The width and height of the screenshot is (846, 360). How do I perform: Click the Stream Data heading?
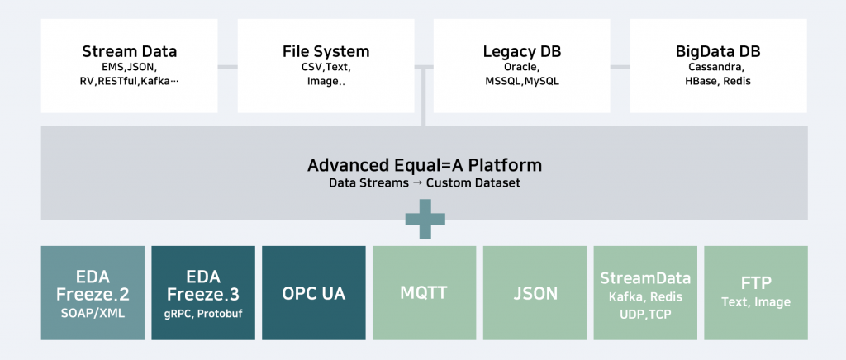[x=130, y=52]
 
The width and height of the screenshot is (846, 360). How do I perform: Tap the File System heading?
[x=326, y=52]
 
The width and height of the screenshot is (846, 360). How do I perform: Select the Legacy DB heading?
[x=522, y=52]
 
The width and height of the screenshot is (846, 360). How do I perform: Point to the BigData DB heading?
[x=718, y=52]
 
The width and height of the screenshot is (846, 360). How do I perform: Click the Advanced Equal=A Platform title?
[x=425, y=165]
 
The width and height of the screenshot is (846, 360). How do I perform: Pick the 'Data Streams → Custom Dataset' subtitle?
[x=425, y=182]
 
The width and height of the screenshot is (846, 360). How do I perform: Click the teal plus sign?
[x=425, y=219]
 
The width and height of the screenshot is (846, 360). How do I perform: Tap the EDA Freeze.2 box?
[x=93, y=293]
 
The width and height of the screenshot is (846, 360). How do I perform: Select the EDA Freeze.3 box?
[x=203, y=293]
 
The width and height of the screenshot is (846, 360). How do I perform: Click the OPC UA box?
[x=313, y=293]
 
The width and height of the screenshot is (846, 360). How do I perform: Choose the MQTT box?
[x=424, y=293]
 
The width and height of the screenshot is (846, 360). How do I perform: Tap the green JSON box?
[x=535, y=293]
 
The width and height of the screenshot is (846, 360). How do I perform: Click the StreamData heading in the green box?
[x=645, y=278]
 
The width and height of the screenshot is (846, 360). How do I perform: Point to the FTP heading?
[x=756, y=283]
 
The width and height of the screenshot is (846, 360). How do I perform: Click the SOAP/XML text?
[x=93, y=313]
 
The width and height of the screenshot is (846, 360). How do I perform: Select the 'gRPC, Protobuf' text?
[x=203, y=314]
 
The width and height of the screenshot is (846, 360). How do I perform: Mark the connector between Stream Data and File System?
[x=228, y=68]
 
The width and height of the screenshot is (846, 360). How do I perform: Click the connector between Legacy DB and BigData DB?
[x=620, y=68]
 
